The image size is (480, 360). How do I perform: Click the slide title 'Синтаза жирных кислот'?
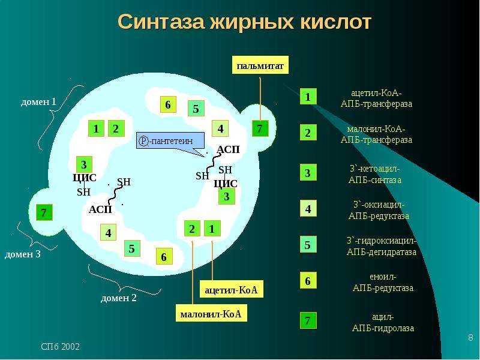coord(244,22)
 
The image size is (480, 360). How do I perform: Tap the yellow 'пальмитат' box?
coord(260,65)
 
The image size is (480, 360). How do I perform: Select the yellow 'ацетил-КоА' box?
coord(231,289)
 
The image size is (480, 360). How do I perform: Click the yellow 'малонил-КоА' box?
coord(211,313)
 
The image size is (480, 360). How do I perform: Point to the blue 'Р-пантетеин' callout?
coord(170,141)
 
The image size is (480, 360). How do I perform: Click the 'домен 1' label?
coord(38,101)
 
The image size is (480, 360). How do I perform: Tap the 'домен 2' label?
coord(118,298)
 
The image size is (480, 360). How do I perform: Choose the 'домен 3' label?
coord(22,254)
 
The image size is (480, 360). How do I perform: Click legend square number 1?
coord(308,97)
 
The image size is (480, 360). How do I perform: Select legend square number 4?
coord(308,209)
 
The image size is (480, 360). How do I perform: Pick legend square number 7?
coord(308,320)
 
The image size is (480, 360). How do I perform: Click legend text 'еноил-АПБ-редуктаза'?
coord(383,282)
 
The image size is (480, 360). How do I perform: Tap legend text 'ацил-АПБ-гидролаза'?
coord(383,322)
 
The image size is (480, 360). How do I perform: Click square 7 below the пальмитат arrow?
coord(260,128)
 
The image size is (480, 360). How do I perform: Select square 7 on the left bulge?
coord(44,212)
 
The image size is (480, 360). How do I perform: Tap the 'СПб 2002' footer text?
coord(61,347)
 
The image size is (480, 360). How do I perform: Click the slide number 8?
coord(470,338)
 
